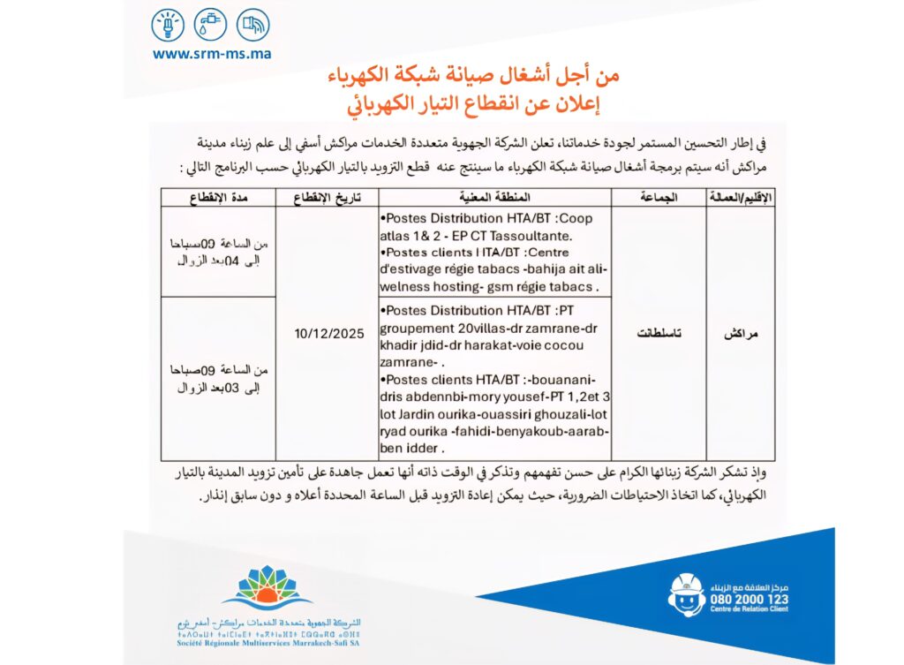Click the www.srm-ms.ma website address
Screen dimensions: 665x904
(x=212, y=53)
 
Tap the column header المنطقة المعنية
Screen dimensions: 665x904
(x=496, y=197)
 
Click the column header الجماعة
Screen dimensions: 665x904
(x=658, y=197)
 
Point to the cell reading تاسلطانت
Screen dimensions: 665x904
(x=658, y=335)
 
